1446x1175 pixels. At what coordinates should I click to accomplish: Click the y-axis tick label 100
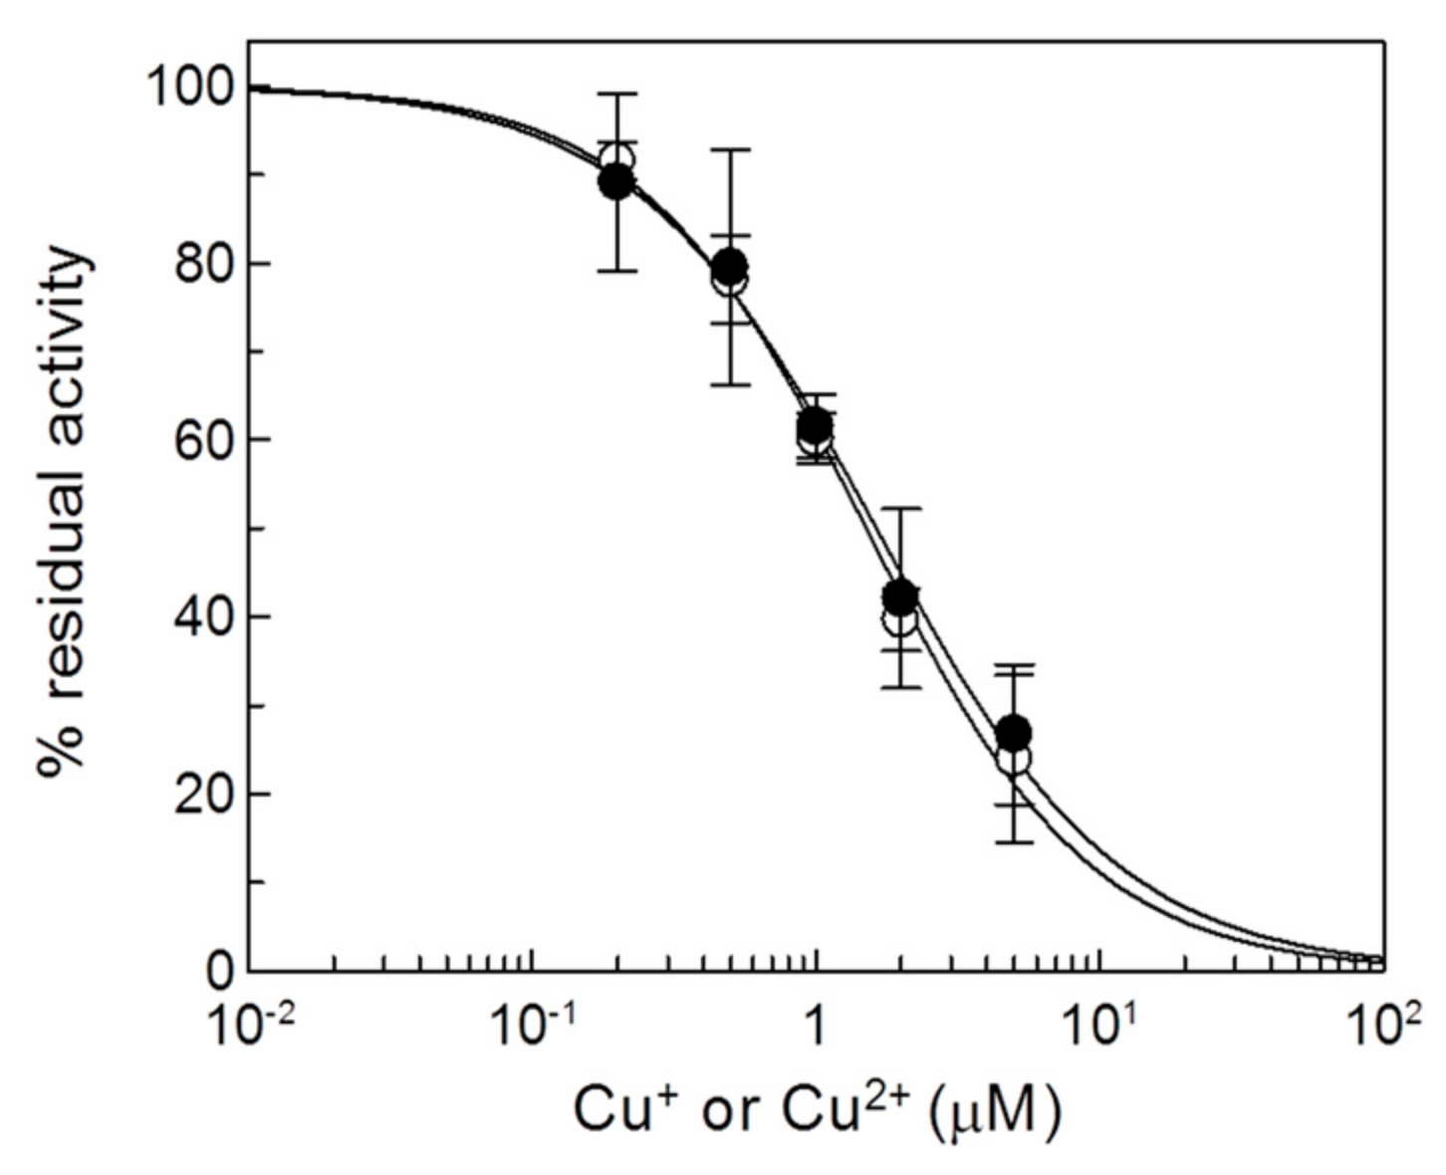point(189,88)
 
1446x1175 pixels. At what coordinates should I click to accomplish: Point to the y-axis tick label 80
point(206,264)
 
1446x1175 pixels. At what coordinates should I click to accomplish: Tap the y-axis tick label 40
point(206,616)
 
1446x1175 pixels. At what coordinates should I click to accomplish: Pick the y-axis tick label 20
point(206,794)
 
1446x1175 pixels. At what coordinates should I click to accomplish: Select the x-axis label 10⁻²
point(249,1025)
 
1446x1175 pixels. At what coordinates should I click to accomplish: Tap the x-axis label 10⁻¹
point(532,1025)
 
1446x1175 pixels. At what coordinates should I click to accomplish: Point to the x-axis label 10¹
point(1099,1025)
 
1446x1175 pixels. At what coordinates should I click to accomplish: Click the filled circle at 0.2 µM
point(617,180)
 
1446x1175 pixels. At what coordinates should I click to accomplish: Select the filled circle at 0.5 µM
point(730,265)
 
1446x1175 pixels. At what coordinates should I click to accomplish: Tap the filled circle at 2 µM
point(900,596)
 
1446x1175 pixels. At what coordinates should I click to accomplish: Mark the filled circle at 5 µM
point(1014,734)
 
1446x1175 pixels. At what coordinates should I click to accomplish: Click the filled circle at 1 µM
point(816,425)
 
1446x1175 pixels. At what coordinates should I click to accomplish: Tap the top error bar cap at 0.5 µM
point(730,149)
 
